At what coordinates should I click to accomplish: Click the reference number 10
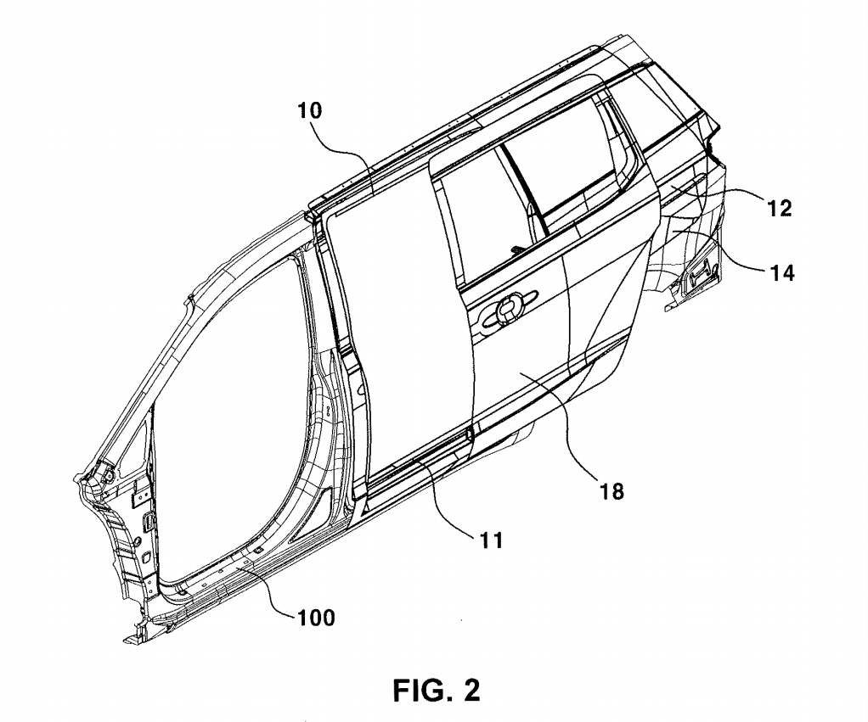pyautogui.click(x=310, y=111)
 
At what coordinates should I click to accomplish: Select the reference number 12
pyautogui.click(x=780, y=209)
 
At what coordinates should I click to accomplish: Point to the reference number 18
pyautogui.click(x=612, y=490)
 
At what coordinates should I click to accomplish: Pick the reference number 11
pyautogui.click(x=491, y=539)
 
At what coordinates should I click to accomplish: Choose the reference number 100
pyautogui.click(x=316, y=617)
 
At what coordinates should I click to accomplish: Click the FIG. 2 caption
pyautogui.click(x=437, y=690)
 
